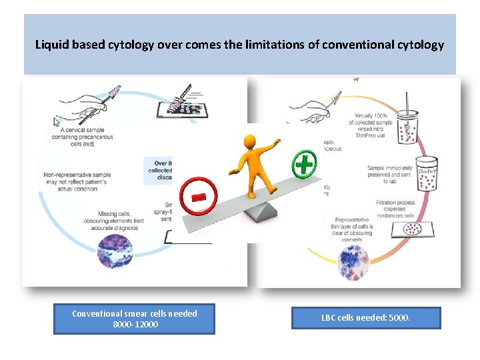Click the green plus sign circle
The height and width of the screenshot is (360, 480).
(x=304, y=163)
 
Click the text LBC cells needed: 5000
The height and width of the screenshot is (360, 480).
(x=366, y=318)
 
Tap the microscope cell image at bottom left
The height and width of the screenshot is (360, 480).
(x=117, y=253)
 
